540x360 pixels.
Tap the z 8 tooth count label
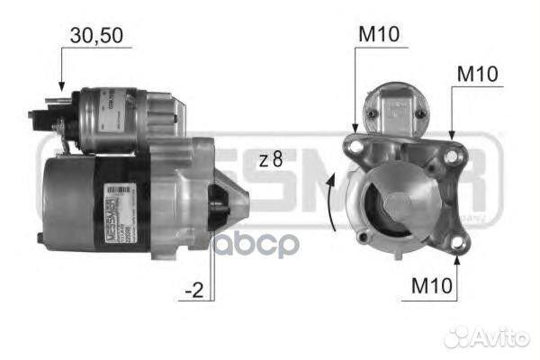click(x=271, y=159)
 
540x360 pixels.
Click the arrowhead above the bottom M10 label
click(x=458, y=260)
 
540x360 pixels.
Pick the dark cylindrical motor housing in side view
click(x=67, y=198)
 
